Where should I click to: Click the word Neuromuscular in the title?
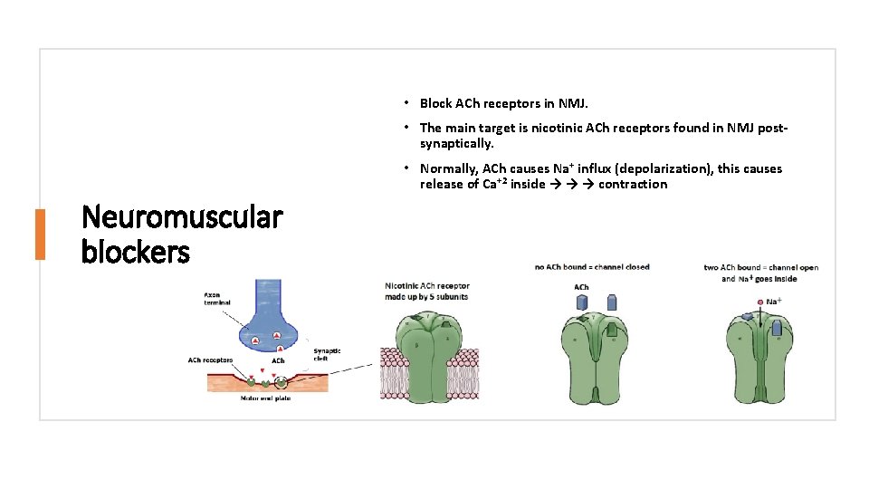click(x=181, y=218)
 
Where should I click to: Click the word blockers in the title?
click(x=136, y=251)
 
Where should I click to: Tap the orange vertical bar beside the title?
click(x=40, y=235)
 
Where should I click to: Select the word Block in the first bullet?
click(x=436, y=103)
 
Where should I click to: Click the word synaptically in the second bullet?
click(x=455, y=143)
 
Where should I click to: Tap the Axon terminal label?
click(x=216, y=298)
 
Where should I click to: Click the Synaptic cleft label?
click(x=327, y=355)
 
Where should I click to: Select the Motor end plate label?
click(x=266, y=397)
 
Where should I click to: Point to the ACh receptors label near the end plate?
click(x=211, y=360)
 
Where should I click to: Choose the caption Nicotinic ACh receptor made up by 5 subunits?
click(x=427, y=291)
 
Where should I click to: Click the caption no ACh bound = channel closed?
click(x=592, y=266)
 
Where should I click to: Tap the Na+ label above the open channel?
click(x=774, y=301)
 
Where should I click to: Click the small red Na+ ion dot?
click(x=759, y=301)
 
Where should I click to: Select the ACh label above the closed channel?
click(x=581, y=287)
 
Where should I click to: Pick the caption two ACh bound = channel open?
click(x=760, y=267)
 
